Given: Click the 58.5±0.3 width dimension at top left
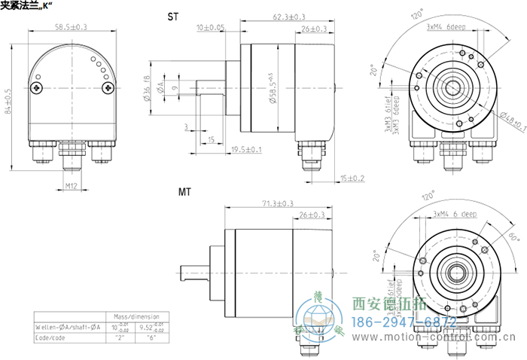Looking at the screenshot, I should coord(71,27).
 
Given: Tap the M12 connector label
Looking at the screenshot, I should coord(72,185).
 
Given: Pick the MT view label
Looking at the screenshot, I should coord(184,193).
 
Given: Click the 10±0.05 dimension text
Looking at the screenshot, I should coord(210,28).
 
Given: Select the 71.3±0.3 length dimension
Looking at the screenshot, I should coord(278,203).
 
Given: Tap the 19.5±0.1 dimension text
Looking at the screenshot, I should coord(247,150).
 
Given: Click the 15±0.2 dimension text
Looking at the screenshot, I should coord(352,178).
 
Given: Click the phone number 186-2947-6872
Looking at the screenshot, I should coord(405,322).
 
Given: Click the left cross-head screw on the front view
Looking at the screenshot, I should coord(38,88).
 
